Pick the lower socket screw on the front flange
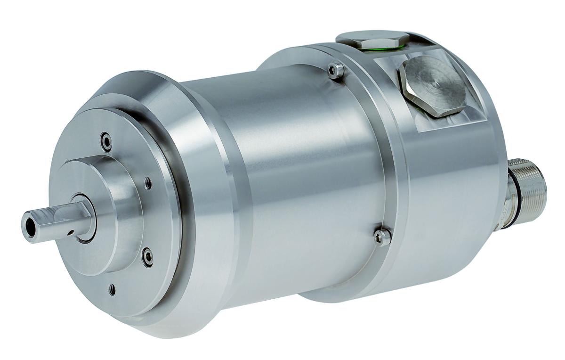(x=148, y=255)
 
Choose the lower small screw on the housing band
(x=382, y=236)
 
